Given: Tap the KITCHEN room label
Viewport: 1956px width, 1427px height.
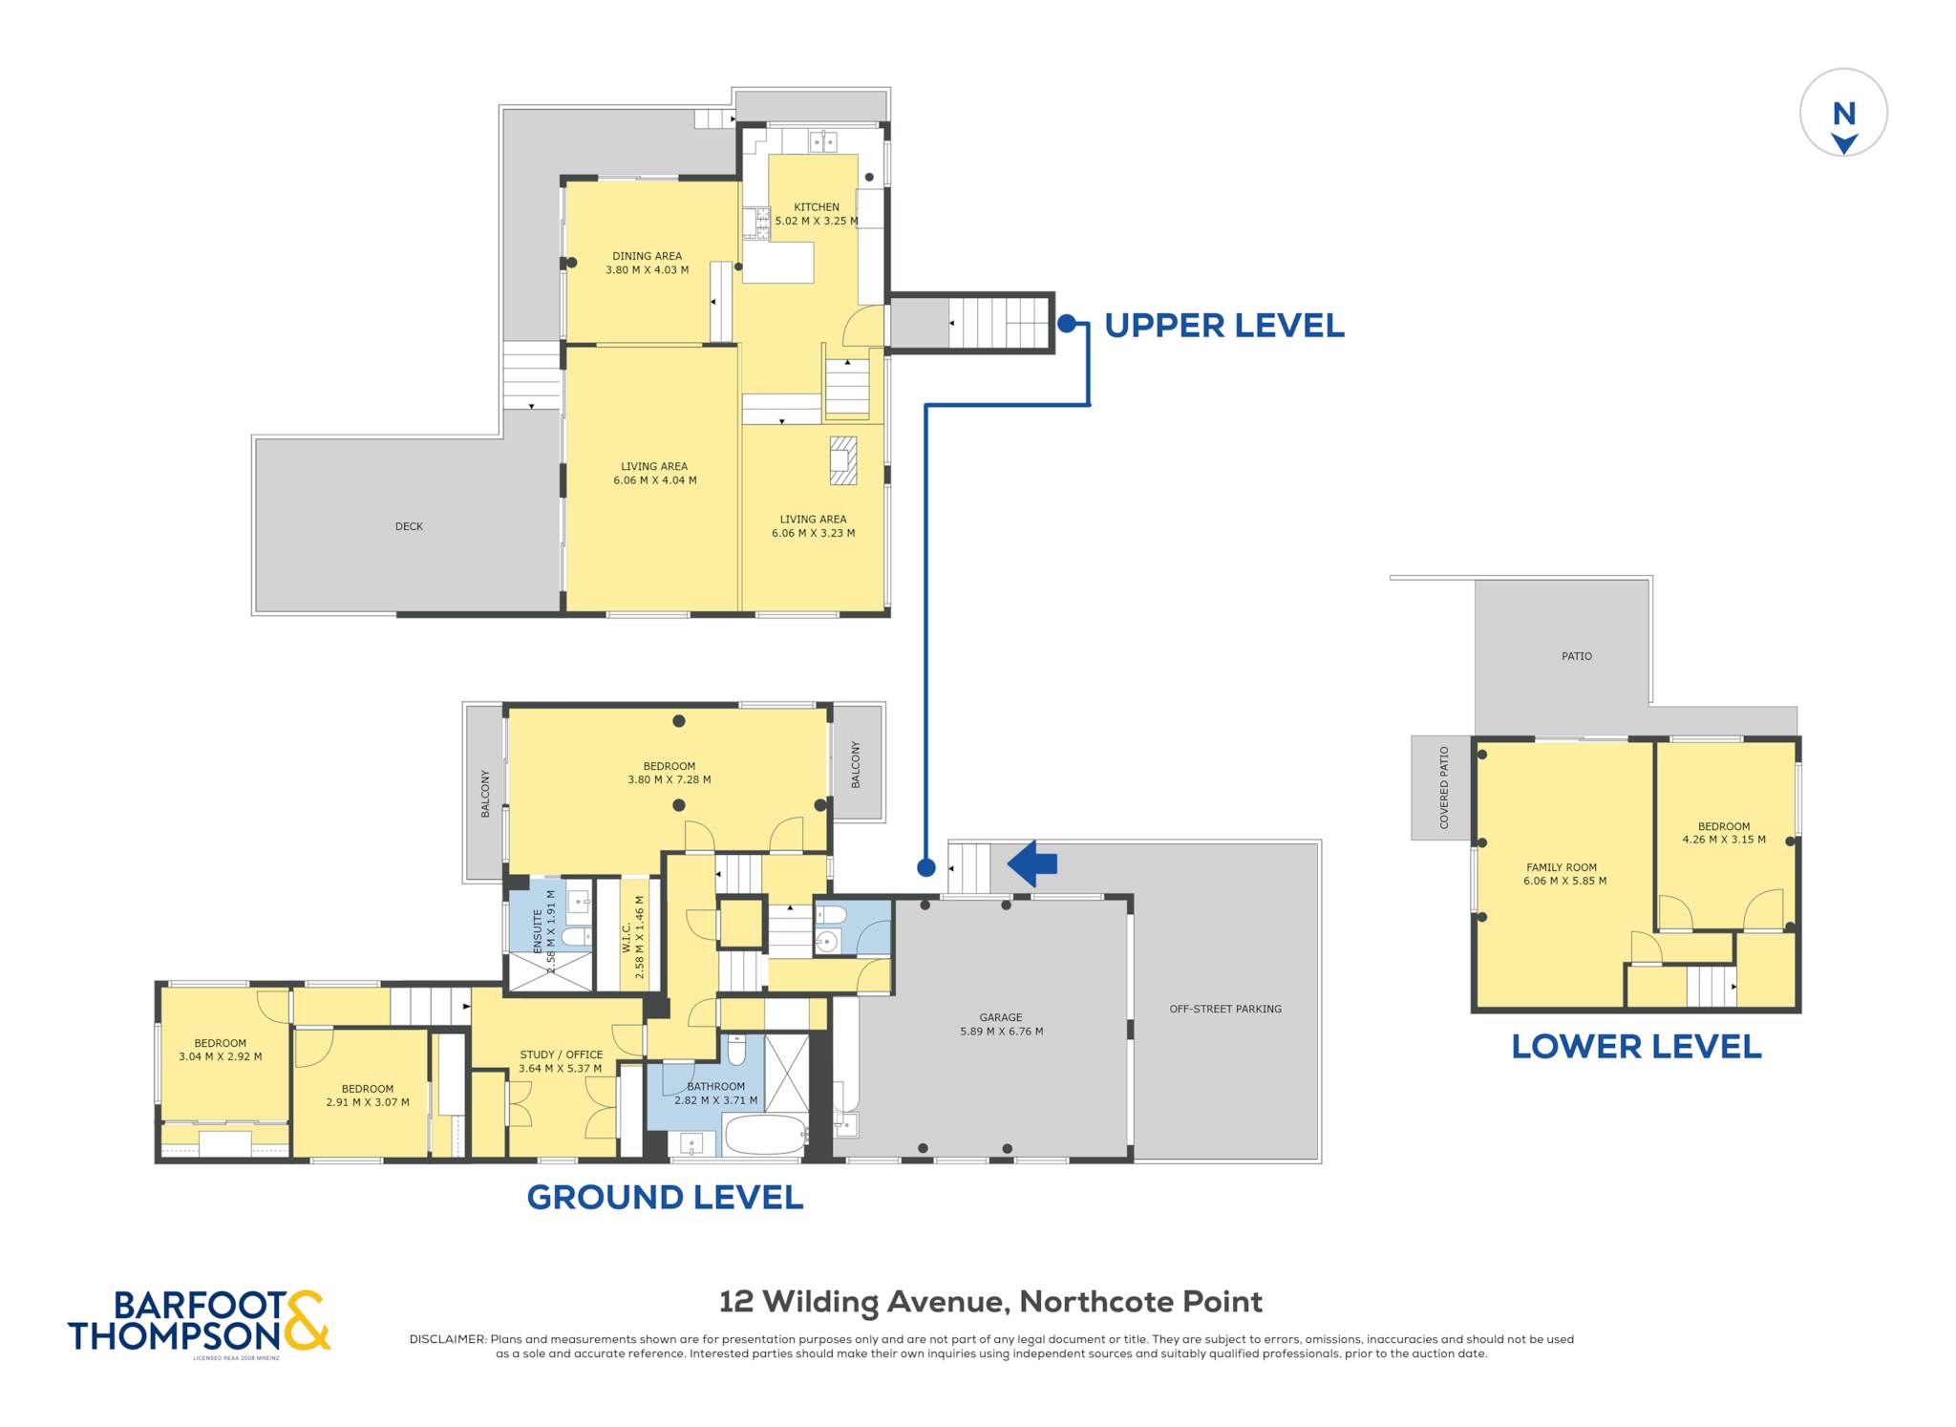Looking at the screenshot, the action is coord(817,207).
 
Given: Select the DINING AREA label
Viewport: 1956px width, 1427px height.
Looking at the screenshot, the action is coord(647,256).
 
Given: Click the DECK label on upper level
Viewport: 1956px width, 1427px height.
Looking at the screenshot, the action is coord(409,526).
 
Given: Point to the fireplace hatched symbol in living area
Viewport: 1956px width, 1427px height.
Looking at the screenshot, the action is coord(842,460).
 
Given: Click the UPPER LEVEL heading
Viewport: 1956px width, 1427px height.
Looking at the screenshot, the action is coord(1223,326).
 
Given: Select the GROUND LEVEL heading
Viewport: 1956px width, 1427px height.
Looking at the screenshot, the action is coord(665,1198).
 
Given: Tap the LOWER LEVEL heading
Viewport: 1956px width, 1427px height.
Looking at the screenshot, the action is coord(1636,1047).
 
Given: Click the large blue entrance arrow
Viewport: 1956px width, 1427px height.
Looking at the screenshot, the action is coord(1032,863).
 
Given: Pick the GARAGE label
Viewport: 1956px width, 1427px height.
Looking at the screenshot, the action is coord(1001,1017).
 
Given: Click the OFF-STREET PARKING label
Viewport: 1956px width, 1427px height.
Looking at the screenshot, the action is coord(1225,1009).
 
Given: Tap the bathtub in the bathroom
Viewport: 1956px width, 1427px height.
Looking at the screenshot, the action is coord(766,1135).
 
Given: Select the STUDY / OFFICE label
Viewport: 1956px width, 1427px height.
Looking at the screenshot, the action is coord(561,1054).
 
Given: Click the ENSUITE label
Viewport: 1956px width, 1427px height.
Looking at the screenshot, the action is coord(538,931).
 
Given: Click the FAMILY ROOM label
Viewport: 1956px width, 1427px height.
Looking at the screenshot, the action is coord(1562,867).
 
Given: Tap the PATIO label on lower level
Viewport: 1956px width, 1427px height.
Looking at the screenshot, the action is coord(1577,656).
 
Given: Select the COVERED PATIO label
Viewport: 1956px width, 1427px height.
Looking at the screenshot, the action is coord(1444,787).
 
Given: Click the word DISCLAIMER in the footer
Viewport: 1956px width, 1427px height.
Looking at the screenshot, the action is coord(448,1339).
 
